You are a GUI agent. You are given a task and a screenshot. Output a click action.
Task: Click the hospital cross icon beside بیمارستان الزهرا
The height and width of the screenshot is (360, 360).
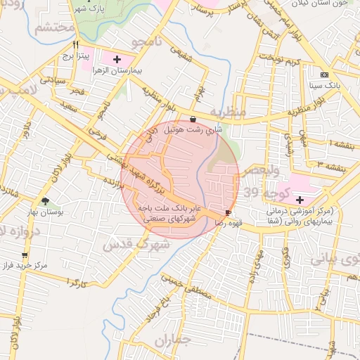117,59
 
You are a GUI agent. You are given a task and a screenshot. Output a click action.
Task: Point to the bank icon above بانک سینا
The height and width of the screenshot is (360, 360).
324,75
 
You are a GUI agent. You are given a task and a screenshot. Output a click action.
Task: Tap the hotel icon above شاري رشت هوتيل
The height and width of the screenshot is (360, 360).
193,120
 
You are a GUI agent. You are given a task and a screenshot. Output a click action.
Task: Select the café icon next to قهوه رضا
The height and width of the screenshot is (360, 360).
228,212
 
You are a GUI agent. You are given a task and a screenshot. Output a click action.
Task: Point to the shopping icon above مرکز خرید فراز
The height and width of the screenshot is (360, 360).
25,255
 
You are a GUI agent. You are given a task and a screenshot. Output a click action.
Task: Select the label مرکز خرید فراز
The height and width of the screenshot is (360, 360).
28,266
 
